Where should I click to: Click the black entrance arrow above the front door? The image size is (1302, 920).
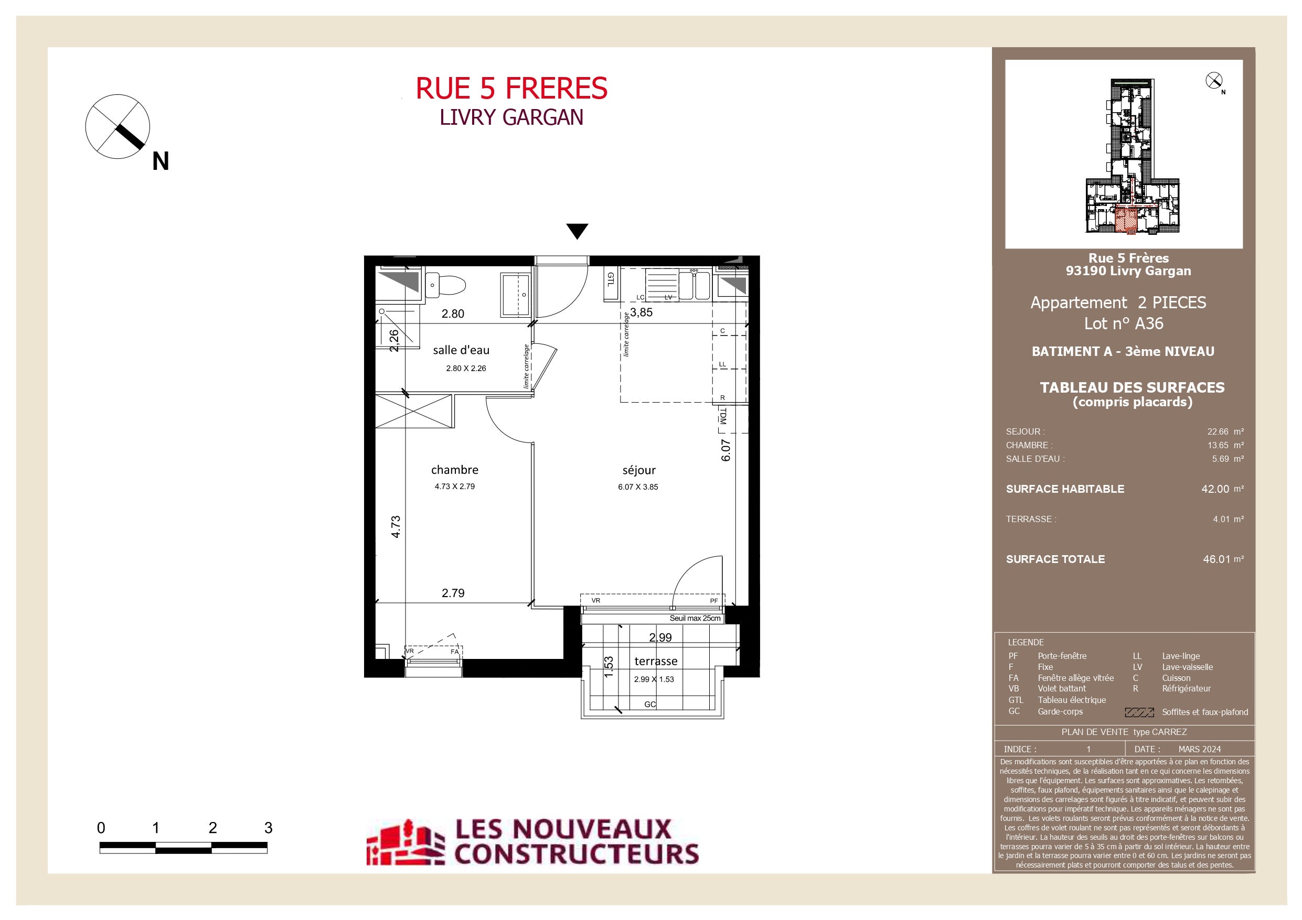pos(577,231)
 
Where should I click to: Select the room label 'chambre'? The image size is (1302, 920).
pos(455,470)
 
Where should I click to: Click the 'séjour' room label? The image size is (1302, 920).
pos(639,471)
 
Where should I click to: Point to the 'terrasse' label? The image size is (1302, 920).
pos(656,662)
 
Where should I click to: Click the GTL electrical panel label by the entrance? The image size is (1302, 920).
pos(611,279)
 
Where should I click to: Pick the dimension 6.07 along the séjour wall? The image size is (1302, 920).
pos(726,451)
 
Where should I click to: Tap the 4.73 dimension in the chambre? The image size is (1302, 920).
pos(396,527)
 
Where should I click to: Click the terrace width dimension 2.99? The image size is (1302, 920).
pos(660,637)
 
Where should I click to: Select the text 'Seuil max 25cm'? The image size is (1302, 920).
pos(695,619)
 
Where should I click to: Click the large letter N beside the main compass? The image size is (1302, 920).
pos(161,161)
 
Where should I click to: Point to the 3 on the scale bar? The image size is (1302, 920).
pos(268,828)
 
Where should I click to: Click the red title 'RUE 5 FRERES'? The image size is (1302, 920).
pos(511,89)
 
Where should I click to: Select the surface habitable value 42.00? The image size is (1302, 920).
pos(1215,489)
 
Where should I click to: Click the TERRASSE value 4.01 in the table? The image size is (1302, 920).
pos(1221,519)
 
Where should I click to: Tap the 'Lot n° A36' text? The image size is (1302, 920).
pos(1123,323)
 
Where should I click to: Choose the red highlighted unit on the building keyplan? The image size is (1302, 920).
pos(1126,221)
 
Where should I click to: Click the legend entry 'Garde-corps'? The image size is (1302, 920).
pos(1060,711)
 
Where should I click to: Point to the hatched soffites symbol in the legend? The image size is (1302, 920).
pos(1139,712)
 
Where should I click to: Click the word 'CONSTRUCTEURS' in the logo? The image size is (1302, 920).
pos(577,853)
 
